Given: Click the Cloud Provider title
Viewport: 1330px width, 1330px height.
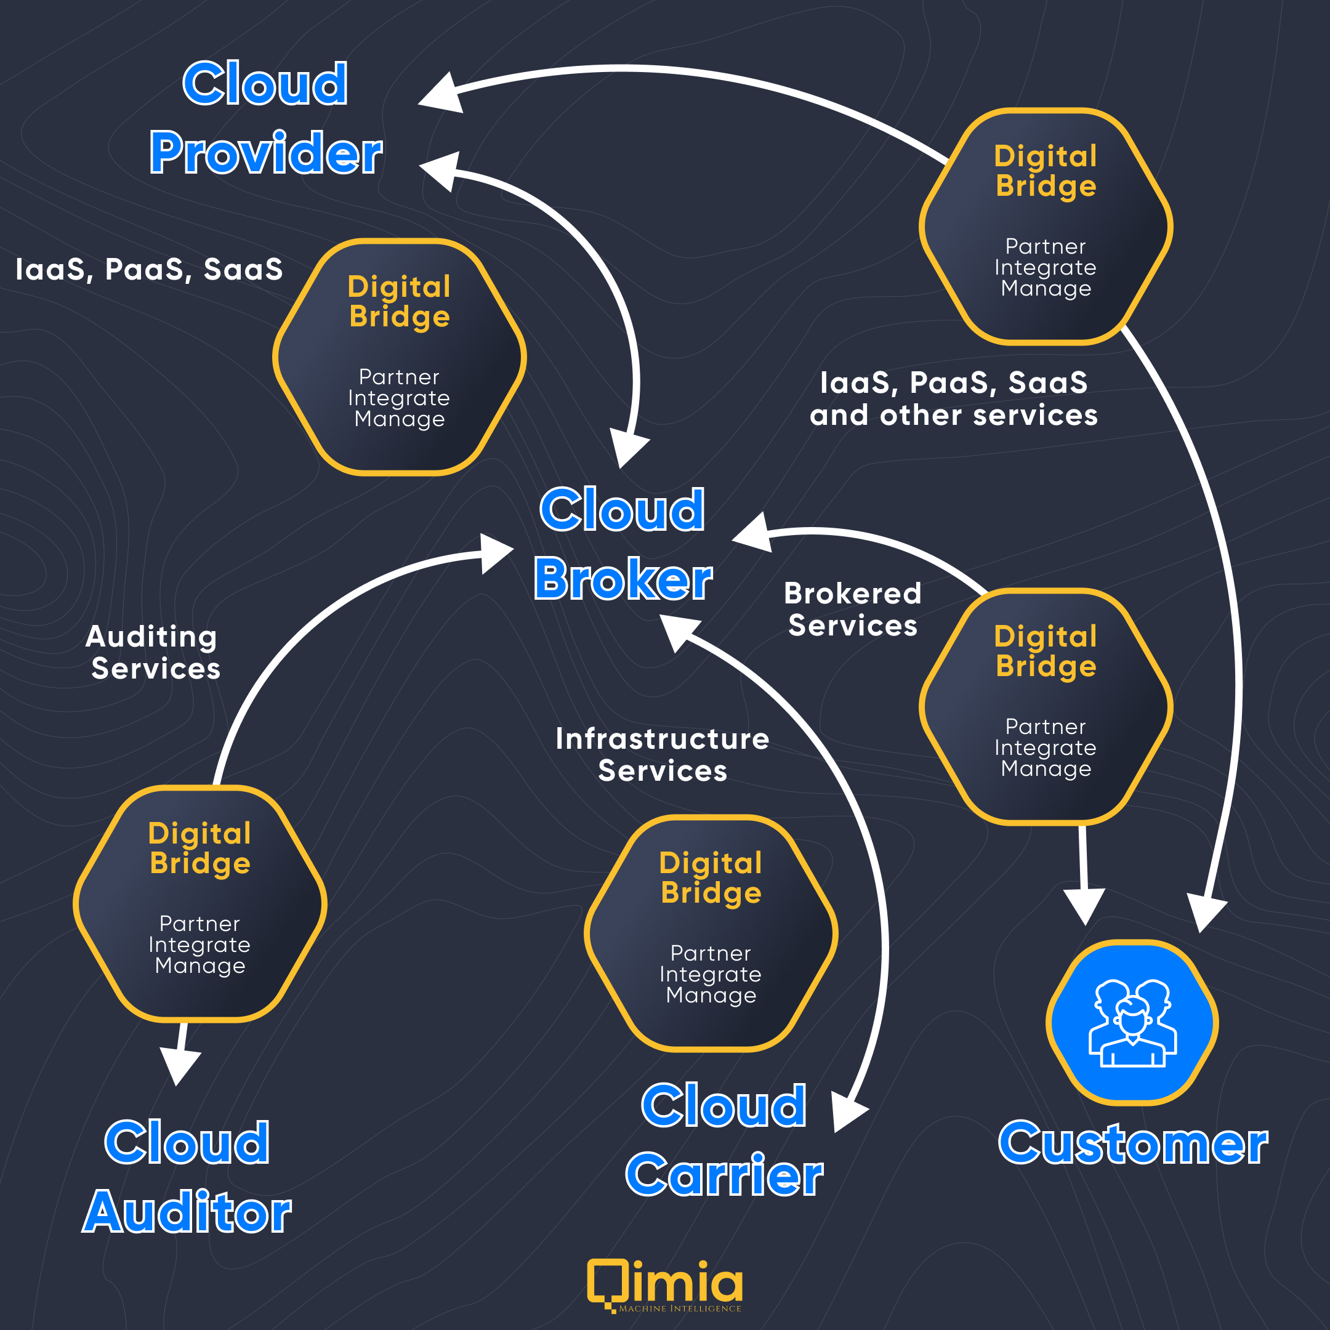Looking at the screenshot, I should coord(266,118).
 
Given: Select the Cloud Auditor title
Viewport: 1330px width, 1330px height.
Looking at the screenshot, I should coord(187,1177).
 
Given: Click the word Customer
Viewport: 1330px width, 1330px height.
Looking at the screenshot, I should coord(1133,1143).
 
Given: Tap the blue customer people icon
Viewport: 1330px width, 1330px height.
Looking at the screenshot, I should coord(1132,1023).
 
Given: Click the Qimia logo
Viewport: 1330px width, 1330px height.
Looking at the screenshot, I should coord(665,1284).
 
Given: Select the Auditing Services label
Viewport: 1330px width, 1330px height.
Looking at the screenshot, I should coord(153,653).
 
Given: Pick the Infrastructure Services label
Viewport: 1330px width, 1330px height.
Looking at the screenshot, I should coord(663,754).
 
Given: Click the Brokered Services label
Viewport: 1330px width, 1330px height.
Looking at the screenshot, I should coord(852,609).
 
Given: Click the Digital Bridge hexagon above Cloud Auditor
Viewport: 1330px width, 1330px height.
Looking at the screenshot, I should coord(199,904).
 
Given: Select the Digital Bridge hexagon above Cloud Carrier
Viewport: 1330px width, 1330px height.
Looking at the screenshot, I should coord(711,933).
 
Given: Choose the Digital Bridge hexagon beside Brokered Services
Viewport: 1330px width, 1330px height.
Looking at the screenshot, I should coord(1046,706).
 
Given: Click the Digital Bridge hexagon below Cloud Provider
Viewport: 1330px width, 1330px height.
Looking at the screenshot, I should coord(399,357).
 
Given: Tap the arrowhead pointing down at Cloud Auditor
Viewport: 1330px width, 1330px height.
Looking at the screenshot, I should coord(179,1068).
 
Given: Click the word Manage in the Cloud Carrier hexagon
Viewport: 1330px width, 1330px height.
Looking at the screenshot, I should coord(711,996).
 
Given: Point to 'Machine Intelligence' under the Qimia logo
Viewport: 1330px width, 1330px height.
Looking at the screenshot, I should coord(680,1308).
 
